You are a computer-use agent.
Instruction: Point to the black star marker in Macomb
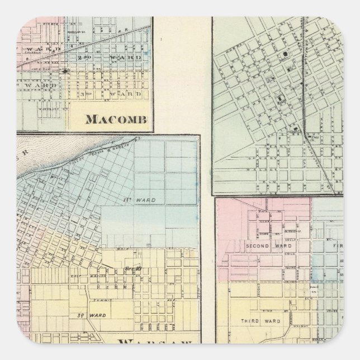click(66, 72)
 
